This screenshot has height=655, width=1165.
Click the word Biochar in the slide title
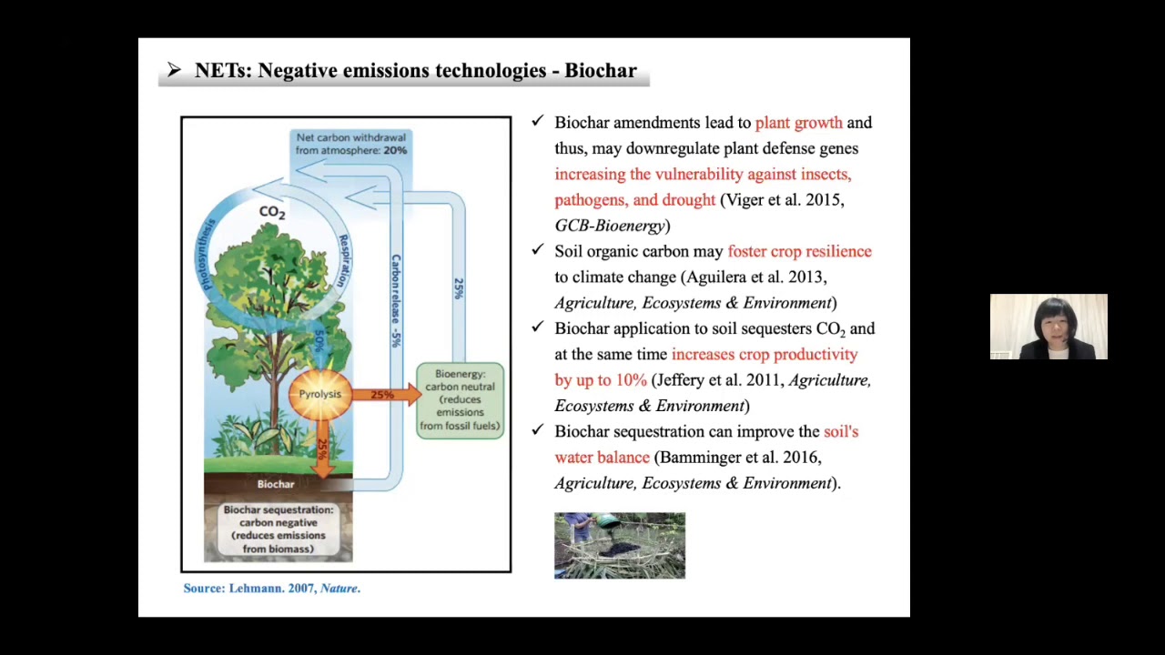(x=600, y=71)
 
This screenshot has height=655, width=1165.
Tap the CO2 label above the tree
(x=271, y=212)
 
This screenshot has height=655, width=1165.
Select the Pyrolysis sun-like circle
(x=319, y=394)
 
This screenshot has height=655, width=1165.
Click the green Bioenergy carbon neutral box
(x=460, y=400)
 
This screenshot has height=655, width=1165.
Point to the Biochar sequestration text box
(x=278, y=529)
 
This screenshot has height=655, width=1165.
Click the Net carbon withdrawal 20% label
(x=350, y=144)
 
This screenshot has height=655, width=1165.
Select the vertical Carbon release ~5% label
(x=395, y=300)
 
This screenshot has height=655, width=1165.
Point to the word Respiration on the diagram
(x=343, y=260)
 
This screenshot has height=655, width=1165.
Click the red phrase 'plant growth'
(x=798, y=123)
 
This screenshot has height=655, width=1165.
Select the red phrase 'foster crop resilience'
(x=799, y=251)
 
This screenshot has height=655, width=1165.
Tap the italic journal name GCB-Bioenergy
(x=609, y=226)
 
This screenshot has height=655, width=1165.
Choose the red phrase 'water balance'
(x=602, y=458)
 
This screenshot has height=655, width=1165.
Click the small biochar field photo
(x=620, y=546)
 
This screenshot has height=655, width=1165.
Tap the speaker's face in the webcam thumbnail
(x=1049, y=323)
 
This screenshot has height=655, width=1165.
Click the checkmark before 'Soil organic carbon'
(x=538, y=250)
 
